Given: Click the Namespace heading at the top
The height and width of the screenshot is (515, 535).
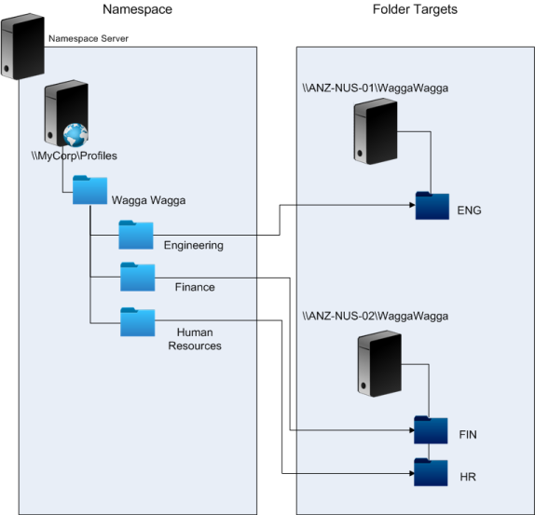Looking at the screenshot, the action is tap(138, 9).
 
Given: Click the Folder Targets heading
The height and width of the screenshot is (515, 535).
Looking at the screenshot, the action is tap(415, 9).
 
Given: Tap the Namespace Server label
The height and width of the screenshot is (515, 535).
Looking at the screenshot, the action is tap(89, 38).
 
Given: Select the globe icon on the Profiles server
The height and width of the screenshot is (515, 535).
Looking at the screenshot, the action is tap(75, 135).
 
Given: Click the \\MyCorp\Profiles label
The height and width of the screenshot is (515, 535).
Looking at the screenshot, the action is tap(75, 156).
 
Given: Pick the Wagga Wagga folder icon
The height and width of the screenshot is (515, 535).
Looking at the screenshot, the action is tap(89, 190).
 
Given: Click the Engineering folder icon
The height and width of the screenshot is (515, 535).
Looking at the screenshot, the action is tap(136, 235).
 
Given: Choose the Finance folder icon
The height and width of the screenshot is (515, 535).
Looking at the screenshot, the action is tap(138, 277).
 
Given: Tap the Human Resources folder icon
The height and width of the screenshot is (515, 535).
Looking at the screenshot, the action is tap(138, 322).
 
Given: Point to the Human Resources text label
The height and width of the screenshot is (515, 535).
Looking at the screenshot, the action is tap(195, 339).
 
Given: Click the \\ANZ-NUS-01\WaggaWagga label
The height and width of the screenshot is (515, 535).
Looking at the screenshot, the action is tap(376, 88).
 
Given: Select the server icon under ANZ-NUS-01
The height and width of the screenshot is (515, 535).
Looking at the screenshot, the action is tap(376, 131).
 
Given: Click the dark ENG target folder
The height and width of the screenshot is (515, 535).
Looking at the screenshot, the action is tap(432, 206).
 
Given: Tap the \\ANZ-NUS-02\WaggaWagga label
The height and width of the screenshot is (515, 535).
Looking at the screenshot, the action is tap(376, 316).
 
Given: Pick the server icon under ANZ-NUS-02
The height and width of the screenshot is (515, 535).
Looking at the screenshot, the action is tap(379, 364).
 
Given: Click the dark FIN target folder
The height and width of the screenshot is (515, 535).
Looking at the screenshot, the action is tap(431, 430).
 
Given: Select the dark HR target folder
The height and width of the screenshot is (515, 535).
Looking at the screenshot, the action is tap(431, 472).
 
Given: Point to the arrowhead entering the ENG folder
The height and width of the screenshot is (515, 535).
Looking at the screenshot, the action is tap(413, 205).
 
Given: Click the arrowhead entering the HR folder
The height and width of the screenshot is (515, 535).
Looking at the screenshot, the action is tap(412, 473).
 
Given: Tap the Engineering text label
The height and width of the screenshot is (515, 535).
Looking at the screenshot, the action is tap(194, 245).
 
